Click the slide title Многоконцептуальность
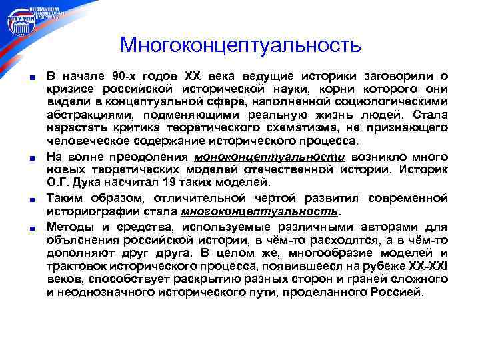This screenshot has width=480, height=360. tap(240, 45)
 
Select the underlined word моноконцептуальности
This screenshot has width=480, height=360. tap(269, 156)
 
